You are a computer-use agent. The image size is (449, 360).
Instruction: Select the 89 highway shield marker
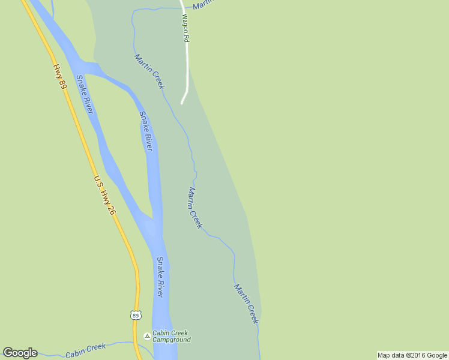135,315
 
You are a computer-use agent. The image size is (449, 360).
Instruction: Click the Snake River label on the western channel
85,94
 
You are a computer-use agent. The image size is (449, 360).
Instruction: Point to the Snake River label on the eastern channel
146,131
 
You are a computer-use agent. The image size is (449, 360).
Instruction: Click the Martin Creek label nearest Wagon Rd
149,71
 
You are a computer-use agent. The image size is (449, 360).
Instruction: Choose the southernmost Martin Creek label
246,304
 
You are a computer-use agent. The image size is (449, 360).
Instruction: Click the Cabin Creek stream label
85,350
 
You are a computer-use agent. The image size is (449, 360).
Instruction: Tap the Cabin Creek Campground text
171,337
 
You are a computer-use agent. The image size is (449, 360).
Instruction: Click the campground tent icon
147,336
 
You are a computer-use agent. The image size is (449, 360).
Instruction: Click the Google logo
20,353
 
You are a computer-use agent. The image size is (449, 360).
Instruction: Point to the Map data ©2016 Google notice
412,355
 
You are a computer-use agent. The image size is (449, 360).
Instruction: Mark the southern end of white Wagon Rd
182,103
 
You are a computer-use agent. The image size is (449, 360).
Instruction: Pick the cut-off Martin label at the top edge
203,5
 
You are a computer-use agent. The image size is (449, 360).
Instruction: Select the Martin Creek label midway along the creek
195,208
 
